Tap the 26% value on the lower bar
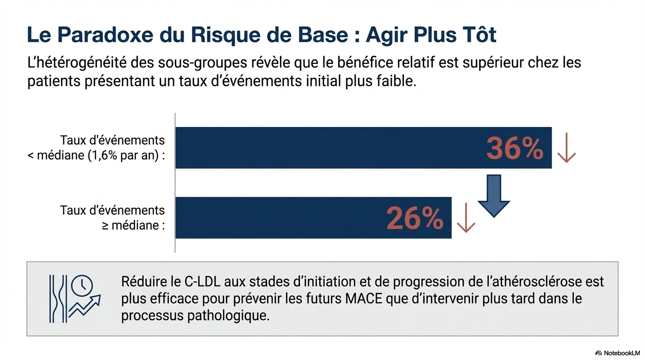[x=414, y=218]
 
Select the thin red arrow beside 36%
[x=566, y=148]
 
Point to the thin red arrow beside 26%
[x=465, y=218]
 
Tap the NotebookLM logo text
[x=622, y=352]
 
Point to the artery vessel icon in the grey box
[x=58, y=299]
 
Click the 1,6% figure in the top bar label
[x=103, y=156]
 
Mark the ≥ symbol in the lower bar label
[x=105, y=226]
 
